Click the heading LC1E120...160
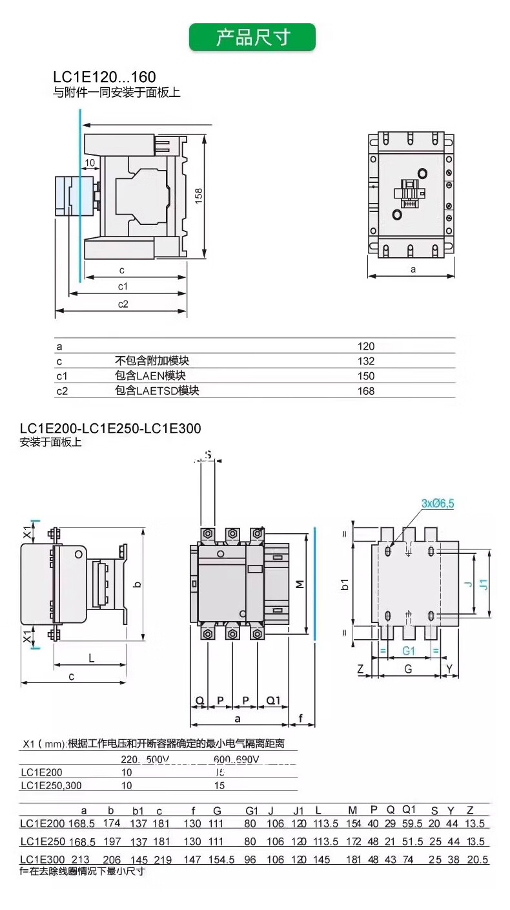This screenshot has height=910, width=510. pos(105,78)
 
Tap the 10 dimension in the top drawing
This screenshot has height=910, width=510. pos(89,162)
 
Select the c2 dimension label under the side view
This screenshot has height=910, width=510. pos(123,304)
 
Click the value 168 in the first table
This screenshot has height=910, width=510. pos(366,390)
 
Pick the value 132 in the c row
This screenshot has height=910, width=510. pos(366,361)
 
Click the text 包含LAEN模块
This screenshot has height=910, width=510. pos(146,376)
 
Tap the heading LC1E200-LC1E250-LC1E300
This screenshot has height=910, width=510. pos(110,429)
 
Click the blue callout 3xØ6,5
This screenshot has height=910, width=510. pos(438,503)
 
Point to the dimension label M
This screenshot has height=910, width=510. pos(300,584)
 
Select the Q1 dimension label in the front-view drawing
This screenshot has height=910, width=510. pos(274,700)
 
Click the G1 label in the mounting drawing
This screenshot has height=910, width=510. pos(409,650)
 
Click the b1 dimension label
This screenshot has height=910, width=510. pos(345,584)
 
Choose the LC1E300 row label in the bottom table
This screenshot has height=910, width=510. pos(43,859)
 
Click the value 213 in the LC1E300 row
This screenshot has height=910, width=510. pos(81,859)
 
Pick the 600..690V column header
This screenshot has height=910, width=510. pos(236,759)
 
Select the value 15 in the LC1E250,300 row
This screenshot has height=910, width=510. pos(219,785)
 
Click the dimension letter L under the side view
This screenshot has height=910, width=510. pos(91,658)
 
